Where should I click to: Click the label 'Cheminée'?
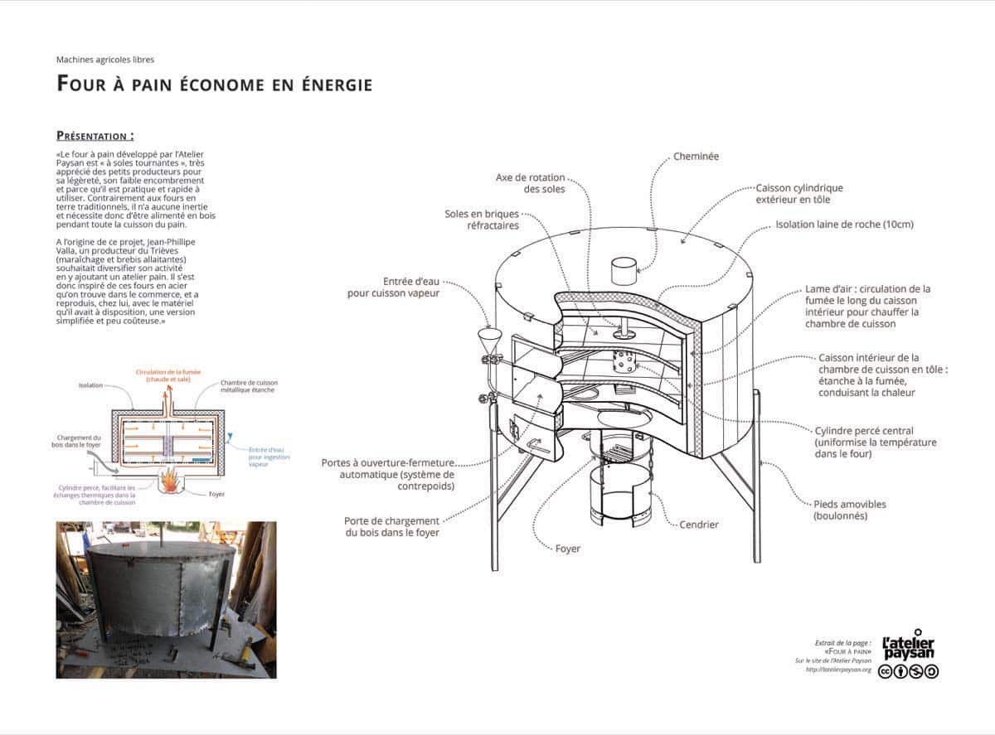[696, 156]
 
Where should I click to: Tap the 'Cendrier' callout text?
[698, 525]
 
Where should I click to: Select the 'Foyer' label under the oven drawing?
[568, 549]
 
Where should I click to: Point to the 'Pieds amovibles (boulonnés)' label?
[850, 510]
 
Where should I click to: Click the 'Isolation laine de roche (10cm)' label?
[844, 225]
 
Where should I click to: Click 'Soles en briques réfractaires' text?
[482, 220]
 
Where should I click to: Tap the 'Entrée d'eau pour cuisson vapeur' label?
[394, 287]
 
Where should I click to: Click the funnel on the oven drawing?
[488, 340]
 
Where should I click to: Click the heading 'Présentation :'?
[95, 136]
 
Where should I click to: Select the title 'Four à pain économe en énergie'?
[214, 84]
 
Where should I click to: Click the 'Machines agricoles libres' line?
[105, 60]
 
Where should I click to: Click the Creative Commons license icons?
[908, 670]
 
